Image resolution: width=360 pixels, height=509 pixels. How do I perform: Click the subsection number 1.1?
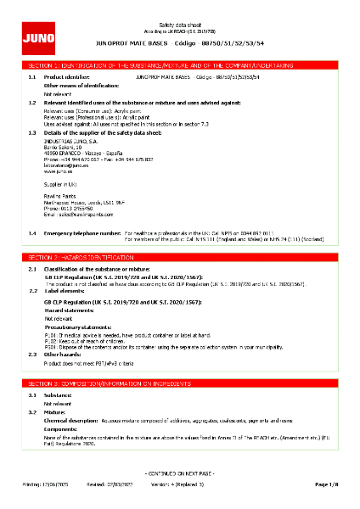pyautogui.click(x=31, y=76)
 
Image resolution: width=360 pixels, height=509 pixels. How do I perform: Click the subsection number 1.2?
pyautogui.click(x=31, y=102)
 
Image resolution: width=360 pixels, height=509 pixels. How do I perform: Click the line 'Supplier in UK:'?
pyautogui.click(x=60, y=183)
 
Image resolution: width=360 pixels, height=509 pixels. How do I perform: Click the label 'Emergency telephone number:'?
pyautogui.click(x=82, y=232)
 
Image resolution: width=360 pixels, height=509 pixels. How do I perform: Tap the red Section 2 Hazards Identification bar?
pyautogui.click(x=180, y=255)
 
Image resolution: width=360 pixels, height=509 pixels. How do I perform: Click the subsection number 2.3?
pyautogui.click(x=31, y=353)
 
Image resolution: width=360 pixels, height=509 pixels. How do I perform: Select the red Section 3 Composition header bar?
pyautogui.click(x=180, y=384)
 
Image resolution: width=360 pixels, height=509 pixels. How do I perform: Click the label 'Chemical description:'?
pyautogui.click(x=73, y=419)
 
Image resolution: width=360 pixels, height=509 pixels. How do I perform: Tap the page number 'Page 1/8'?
pyautogui.click(x=326, y=484)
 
